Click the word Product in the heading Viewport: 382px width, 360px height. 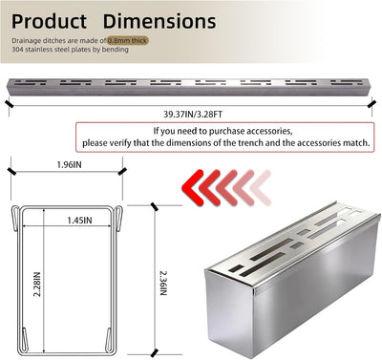(49, 22)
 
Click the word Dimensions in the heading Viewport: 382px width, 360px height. (159, 21)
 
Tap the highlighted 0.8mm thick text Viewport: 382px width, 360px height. (128, 41)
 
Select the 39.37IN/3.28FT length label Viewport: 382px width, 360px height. (193, 115)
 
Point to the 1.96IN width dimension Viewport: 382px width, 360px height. (69, 164)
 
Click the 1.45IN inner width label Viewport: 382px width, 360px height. (79, 221)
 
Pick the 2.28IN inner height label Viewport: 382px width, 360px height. (37, 284)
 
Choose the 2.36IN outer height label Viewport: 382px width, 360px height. (163, 283)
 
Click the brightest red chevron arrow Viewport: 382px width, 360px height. (193, 187)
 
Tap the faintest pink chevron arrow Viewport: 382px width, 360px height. (261, 187)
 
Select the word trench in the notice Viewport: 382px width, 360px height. (250, 143)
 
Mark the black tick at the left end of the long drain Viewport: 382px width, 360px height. (10, 104)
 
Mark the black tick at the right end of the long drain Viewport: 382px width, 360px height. (371, 104)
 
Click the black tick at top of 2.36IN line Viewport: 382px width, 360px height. (155, 206)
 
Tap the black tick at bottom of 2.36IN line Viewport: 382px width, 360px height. (155, 352)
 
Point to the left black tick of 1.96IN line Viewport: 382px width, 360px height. (11, 171)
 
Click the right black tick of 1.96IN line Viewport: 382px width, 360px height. (122, 171)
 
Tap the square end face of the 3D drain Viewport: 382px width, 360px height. (230, 313)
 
